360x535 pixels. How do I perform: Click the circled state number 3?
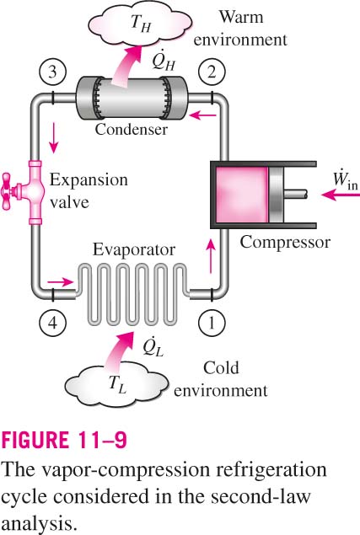coord(52,72)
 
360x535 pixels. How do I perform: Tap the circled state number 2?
coord(212,72)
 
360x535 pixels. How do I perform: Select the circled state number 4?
coord(52,323)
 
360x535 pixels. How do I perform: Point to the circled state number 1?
coord(212,323)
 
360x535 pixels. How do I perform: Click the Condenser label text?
coord(132,129)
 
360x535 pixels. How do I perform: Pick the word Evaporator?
coord(134,249)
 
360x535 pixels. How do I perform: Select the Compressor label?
coord(285,243)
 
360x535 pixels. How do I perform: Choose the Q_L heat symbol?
coord(153,346)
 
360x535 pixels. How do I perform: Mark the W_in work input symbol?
coord(346,179)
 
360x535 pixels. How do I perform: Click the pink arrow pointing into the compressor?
coord(341,195)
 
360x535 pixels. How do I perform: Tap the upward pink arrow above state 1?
coord(212,256)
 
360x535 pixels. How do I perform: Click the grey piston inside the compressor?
coord(276,195)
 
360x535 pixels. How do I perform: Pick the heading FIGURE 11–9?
coord(64,440)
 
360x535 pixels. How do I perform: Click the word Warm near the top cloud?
coord(241,17)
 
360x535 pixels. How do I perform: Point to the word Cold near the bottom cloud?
coord(221,368)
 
